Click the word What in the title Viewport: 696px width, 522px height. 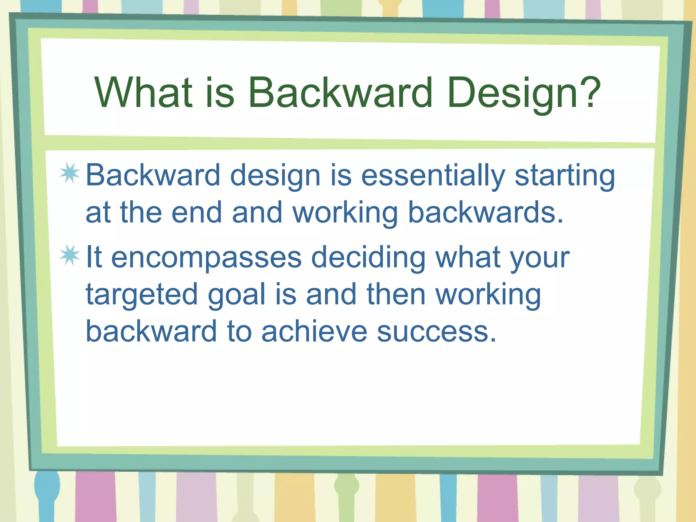(143, 92)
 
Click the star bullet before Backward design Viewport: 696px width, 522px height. (70, 173)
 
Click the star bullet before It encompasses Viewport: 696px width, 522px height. (70, 255)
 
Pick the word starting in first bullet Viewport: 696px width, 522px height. (564, 176)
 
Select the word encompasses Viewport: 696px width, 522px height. (206, 258)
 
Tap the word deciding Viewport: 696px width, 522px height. (368, 258)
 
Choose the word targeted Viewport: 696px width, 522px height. (142, 295)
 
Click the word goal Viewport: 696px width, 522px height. (237, 295)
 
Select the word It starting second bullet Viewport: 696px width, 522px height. (94, 257)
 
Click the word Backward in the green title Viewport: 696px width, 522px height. (340, 92)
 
